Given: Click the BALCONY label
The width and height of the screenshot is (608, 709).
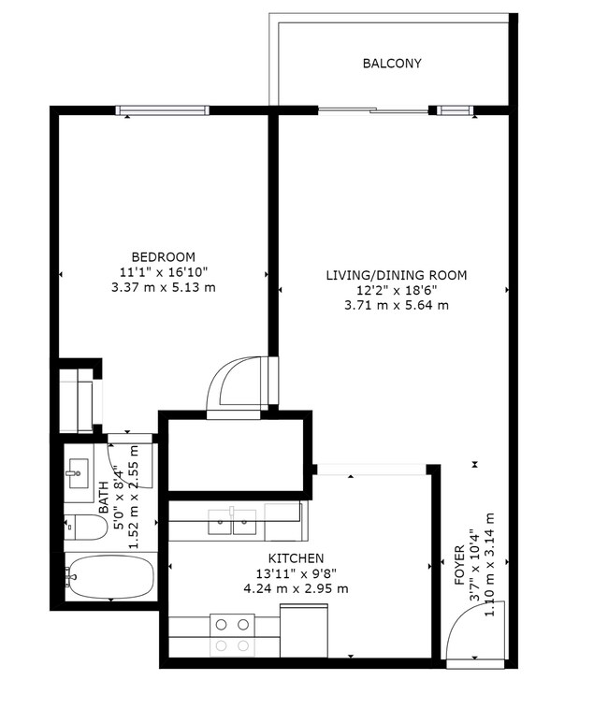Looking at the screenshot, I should (392, 64).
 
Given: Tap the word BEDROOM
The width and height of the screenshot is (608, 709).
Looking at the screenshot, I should (163, 257).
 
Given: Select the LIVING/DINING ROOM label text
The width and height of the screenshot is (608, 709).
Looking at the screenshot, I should (396, 275).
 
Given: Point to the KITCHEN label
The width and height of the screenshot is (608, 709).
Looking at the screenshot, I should (296, 558).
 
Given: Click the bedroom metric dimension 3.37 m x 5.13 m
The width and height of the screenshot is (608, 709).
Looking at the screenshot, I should (163, 287).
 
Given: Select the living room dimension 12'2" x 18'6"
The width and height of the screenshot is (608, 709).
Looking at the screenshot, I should (396, 290).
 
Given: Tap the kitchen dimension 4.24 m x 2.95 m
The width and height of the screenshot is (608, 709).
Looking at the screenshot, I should (296, 588).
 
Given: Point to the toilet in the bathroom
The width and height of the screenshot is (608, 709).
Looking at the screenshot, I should (84, 528).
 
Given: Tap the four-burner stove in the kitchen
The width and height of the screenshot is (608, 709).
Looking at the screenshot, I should (232, 633).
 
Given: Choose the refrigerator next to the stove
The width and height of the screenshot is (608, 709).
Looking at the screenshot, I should (304, 633).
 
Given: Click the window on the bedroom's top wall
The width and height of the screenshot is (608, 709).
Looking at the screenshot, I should (163, 110).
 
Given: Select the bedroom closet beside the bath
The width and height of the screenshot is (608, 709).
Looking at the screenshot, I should (77, 400).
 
